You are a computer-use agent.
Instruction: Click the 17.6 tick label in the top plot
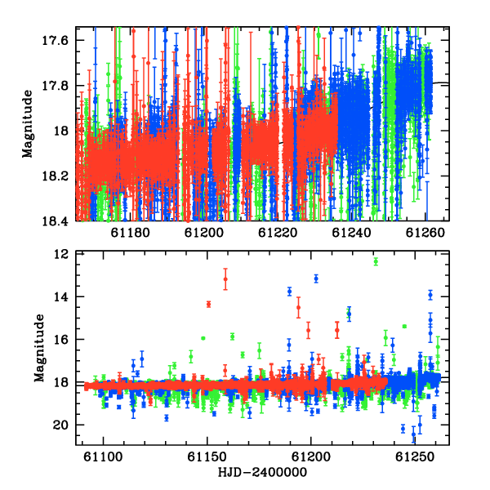click(x=55, y=40)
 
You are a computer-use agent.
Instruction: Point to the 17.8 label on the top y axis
click(x=55, y=86)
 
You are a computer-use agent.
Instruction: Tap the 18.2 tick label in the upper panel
click(x=55, y=176)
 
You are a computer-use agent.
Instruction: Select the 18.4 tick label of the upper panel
click(x=55, y=221)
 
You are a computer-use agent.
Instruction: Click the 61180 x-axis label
click(x=131, y=233)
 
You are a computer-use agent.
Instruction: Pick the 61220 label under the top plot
click(x=278, y=233)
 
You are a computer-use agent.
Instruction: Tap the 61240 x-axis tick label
click(x=351, y=233)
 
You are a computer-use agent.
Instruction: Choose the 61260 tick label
click(x=425, y=233)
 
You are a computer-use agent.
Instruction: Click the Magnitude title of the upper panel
click(x=28, y=124)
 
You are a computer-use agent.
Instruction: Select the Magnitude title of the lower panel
click(x=39, y=348)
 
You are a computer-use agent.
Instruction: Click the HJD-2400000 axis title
click(x=262, y=472)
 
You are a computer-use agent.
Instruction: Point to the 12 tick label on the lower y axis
click(x=61, y=255)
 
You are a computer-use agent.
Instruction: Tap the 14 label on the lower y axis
click(x=61, y=296)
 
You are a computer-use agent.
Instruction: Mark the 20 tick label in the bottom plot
click(x=61, y=425)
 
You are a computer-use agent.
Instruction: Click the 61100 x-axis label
click(x=103, y=457)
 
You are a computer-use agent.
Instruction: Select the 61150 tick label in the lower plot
click(x=207, y=457)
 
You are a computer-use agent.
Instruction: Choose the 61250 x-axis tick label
click(x=415, y=457)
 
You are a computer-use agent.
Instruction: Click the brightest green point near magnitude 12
click(x=376, y=261)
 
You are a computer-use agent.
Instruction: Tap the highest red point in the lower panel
click(x=225, y=278)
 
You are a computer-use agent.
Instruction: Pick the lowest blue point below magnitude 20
click(x=414, y=434)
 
